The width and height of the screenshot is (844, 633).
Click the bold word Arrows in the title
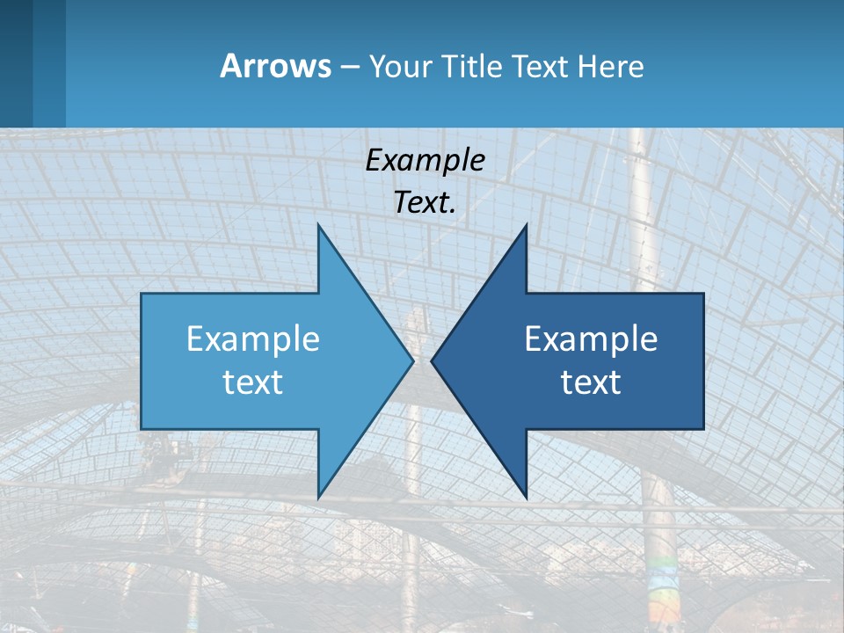274,66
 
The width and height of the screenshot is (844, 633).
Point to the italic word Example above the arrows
425,160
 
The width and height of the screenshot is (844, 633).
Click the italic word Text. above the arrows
425,203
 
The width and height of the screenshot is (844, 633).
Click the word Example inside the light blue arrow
253,339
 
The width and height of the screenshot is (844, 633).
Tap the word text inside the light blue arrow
253,382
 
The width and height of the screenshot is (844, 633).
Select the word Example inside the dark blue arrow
591,339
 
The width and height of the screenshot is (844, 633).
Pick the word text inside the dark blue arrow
591,382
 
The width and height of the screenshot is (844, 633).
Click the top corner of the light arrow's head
318,226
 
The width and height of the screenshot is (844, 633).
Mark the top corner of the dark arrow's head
526,226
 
